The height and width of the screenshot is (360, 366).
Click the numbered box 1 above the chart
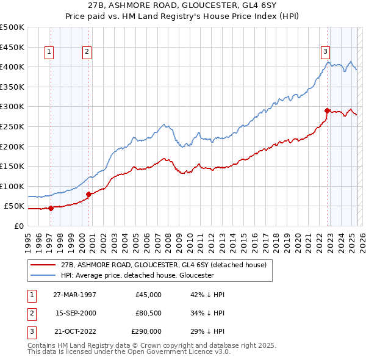(x=48, y=52)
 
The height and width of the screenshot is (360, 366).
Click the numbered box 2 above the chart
(x=87, y=52)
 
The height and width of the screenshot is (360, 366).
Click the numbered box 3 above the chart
(x=326, y=52)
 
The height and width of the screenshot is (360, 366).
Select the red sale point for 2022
(x=328, y=110)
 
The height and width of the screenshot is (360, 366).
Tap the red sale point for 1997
(x=51, y=208)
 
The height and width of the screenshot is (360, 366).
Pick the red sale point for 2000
(x=89, y=194)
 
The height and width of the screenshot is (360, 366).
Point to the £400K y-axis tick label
(x=12, y=67)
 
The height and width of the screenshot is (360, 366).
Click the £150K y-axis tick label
(x=12, y=166)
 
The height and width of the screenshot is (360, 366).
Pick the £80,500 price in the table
(x=149, y=313)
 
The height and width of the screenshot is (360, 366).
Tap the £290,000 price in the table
(x=146, y=331)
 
